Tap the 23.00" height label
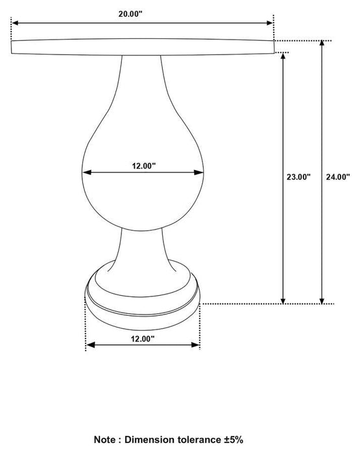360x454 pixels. pyautogui.click(x=298, y=176)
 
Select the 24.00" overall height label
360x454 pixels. pyautogui.click(x=338, y=176)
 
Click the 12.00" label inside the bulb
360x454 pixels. pyautogui.click(x=144, y=166)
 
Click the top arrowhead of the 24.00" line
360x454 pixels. pyautogui.click(x=322, y=44)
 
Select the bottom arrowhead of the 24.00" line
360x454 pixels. pyautogui.click(x=322, y=300)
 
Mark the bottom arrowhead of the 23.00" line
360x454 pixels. pyautogui.click(x=283, y=300)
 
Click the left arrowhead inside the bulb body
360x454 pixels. pyautogui.click(x=86, y=173)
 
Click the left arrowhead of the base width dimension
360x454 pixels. pyautogui.click(x=90, y=345)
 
